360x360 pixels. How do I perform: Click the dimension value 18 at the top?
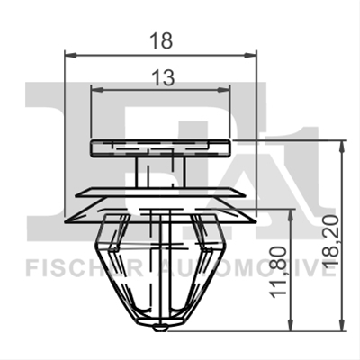click(161, 41)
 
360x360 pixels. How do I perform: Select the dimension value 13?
click(163, 77)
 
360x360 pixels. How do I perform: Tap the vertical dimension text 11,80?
click(277, 273)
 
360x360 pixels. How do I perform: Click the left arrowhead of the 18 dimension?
click(71, 55)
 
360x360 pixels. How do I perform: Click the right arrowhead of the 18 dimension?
click(251, 55)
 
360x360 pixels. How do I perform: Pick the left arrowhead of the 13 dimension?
click(97, 89)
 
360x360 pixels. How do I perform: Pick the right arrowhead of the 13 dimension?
click(224, 89)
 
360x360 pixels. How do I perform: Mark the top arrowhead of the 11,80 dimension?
click(291, 215)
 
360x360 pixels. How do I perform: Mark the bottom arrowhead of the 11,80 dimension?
click(291, 325)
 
